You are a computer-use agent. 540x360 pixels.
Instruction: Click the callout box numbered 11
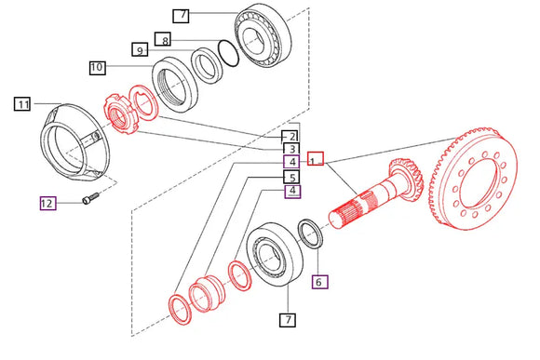point(22,104)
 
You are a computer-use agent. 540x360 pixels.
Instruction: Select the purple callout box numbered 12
point(47,203)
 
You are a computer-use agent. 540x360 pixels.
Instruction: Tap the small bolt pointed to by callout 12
point(90,198)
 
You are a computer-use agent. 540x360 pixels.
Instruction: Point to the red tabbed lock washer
point(143,102)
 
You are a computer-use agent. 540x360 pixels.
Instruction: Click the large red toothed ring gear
point(474,179)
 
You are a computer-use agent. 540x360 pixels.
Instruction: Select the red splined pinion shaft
point(375,194)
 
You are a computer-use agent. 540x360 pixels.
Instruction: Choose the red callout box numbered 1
point(316,158)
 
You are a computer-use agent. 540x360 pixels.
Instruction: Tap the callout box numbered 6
point(320,282)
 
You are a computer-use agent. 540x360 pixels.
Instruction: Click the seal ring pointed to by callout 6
point(311,233)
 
